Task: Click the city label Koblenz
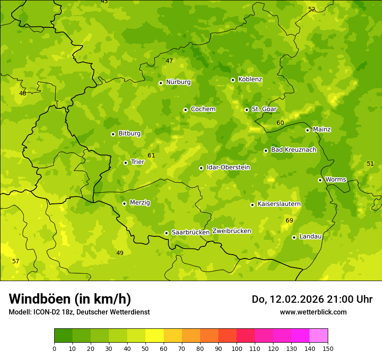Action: coord(250,79)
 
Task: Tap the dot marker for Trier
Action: coord(125,163)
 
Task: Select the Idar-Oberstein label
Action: coord(228,167)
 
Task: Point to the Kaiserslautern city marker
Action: coord(252,205)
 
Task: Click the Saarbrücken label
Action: coord(191,232)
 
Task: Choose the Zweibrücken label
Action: coord(231,231)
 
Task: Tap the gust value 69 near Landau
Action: coord(290,221)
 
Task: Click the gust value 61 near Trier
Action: coord(151,155)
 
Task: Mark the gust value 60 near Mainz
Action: coord(280,123)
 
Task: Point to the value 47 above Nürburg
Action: coord(169,61)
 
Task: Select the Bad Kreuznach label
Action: coord(293,150)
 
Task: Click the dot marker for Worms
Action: coord(320,180)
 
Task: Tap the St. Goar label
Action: coord(264,109)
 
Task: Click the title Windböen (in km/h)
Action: coord(70,299)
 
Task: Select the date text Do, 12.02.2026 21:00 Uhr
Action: coord(312,299)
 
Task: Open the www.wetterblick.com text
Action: coord(313,312)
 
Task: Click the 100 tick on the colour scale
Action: coord(237,348)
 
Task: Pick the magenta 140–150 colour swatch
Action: coord(319,336)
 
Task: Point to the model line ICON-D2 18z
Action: coord(79,312)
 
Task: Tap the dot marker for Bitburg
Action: coord(113,134)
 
